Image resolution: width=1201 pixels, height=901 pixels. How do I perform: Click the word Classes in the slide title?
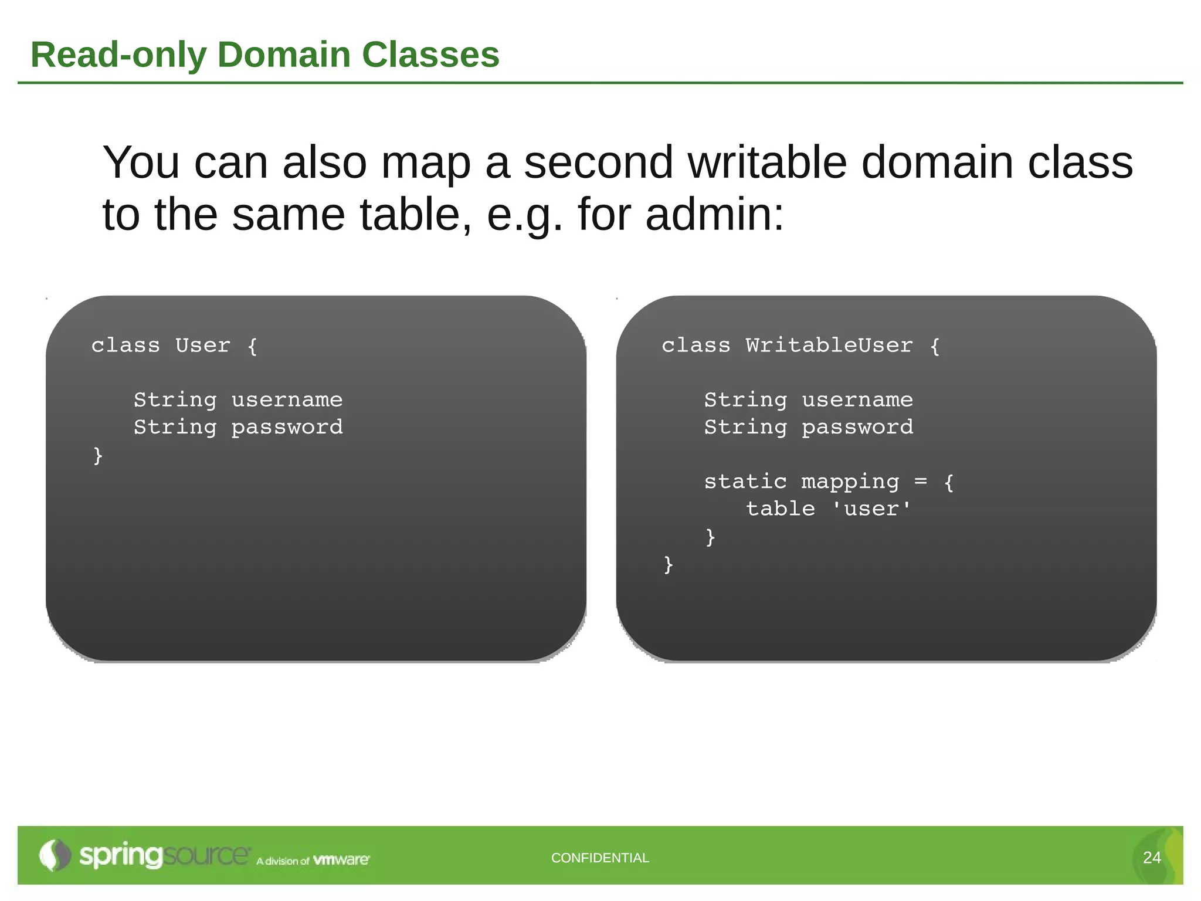[430, 55]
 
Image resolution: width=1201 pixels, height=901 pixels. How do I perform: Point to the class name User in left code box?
[202, 346]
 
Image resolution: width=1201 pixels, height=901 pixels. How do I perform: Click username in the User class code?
[287, 400]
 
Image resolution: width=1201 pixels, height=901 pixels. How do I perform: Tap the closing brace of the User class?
[98, 455]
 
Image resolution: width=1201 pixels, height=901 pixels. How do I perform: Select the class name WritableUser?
[829, 346]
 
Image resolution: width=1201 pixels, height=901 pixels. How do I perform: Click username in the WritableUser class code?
[857, 400]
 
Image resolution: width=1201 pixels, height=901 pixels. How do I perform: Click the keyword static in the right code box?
[745, 482]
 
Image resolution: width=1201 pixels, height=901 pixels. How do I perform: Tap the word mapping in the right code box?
[850, 482]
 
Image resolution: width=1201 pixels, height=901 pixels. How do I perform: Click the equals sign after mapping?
[921, 482]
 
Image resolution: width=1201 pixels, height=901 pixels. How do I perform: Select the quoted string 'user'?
[871, 509]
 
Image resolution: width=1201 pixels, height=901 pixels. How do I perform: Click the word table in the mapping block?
[780, 509]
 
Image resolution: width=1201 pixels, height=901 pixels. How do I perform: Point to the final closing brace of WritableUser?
[668, 564]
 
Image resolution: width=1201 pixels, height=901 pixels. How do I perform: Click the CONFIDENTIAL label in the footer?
[600, 858]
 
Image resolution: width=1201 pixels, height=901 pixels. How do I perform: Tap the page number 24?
[1152, 858]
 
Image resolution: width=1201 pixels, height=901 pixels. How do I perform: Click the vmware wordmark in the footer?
[341, 860]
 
